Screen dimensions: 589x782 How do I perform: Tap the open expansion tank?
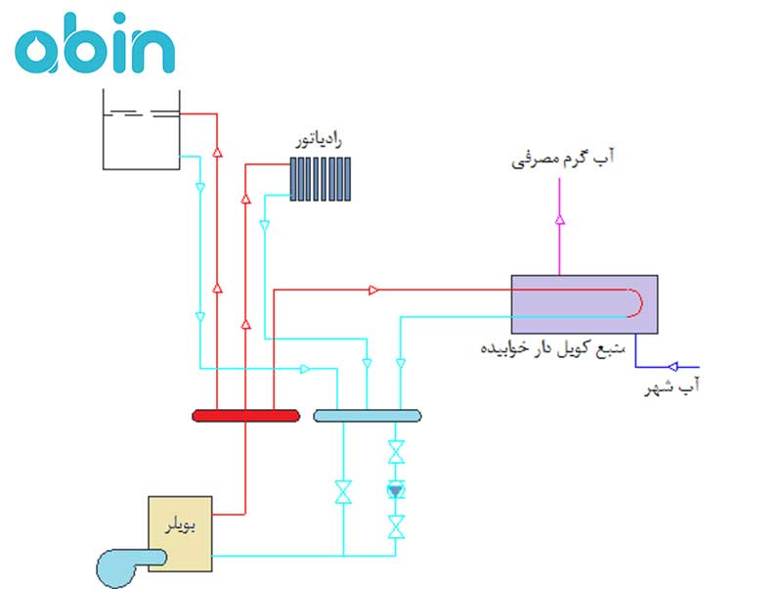(x=142, y=128)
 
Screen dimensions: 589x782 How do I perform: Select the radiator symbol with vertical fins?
(x=321, y=177)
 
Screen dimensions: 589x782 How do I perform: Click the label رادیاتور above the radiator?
(x=321, y=141)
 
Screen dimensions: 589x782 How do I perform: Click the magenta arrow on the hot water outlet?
(x=559, y=220)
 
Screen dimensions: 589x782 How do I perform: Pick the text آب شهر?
(x=673, y=390)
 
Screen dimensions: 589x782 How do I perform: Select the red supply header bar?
(x=245, y=416)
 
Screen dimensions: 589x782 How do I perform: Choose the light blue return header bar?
(x=368, y=416)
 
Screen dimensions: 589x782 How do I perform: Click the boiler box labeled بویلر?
(x=180, y=533)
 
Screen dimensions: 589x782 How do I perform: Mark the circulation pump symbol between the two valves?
(x=395, y=489)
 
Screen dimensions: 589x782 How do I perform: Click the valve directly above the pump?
(x=395, y=453)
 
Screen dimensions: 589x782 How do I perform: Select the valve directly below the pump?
(x=395, y=526)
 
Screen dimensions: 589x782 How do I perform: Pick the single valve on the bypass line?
(x=343, y=490)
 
